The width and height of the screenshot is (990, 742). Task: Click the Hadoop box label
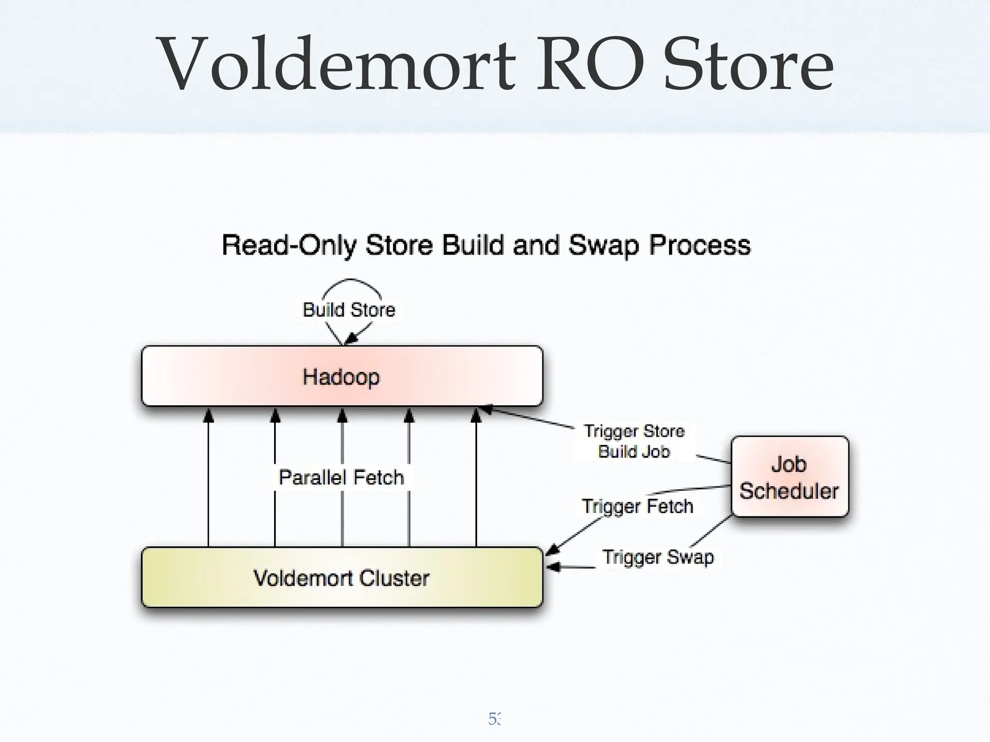(341, 377)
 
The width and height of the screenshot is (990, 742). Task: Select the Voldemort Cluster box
(341, 578)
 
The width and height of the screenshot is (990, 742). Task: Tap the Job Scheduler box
(789, 477)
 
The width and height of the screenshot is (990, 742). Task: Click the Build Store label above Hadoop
(349, 310)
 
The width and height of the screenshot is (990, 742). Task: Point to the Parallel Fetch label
(341, 477)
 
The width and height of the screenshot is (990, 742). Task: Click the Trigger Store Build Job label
(634, 441)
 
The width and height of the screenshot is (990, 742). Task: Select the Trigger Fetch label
(637, 506)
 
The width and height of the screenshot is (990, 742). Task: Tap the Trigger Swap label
(657, 557)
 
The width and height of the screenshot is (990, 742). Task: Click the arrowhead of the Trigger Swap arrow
(553, 567)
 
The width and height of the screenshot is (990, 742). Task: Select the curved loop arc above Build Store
(351, 282)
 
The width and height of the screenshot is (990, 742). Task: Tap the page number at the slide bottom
(495, 719)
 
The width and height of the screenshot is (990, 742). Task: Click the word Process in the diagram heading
(699, 245)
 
